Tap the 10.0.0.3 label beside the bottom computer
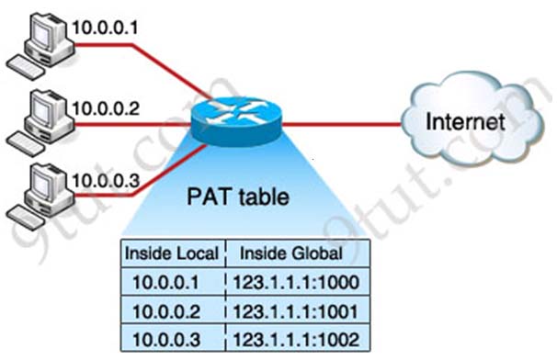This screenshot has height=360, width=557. pos(106,180)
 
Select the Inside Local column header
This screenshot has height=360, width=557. pos(173,253)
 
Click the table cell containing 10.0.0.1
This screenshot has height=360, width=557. pos(173,280)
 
